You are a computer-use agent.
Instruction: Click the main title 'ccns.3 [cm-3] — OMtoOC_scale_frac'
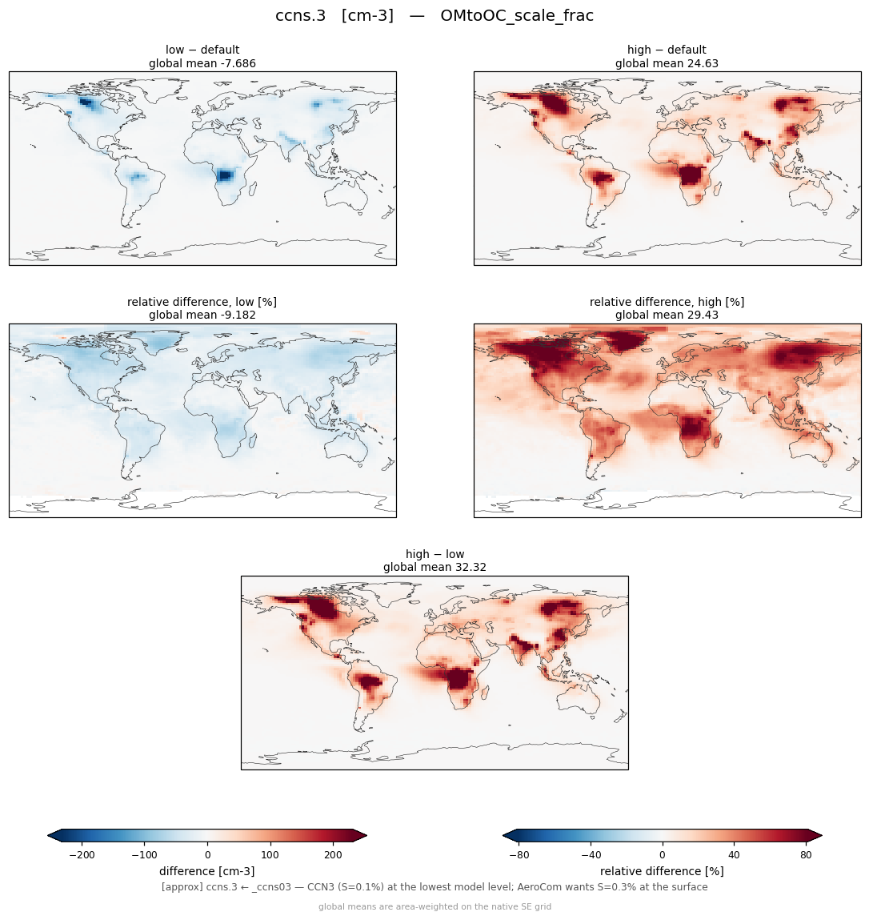click(434, 16)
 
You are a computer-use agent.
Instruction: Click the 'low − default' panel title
click(202, 50)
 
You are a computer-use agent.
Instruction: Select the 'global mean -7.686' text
click(202, 63)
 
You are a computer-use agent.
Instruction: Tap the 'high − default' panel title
click(667, 50)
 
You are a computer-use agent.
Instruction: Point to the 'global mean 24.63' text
click(667, 63)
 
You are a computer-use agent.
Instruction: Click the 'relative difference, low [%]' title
click(202, 302)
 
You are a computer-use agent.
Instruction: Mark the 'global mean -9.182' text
click(202, 315)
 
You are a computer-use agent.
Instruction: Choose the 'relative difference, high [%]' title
click(667, 302)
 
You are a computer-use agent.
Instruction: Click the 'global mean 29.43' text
click(667, 315)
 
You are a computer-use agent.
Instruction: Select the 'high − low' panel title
click(434, 554)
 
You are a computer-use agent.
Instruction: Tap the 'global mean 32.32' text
click(434, 568)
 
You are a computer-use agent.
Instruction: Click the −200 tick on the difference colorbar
click(82, 855)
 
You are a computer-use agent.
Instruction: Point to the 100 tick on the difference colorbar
click(270, 855)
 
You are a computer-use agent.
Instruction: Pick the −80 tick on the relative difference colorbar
click(519, 855)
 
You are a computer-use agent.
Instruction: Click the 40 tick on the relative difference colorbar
click(734, 855)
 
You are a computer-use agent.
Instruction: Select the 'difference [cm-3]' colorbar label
click(207, 871)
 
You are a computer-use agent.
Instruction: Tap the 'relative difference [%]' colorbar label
click(662, 871)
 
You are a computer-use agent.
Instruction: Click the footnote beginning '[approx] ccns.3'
click(434, 887)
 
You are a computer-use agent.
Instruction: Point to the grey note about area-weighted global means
click(434, 907)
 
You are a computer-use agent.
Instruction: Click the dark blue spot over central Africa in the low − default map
click(225, 175)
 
